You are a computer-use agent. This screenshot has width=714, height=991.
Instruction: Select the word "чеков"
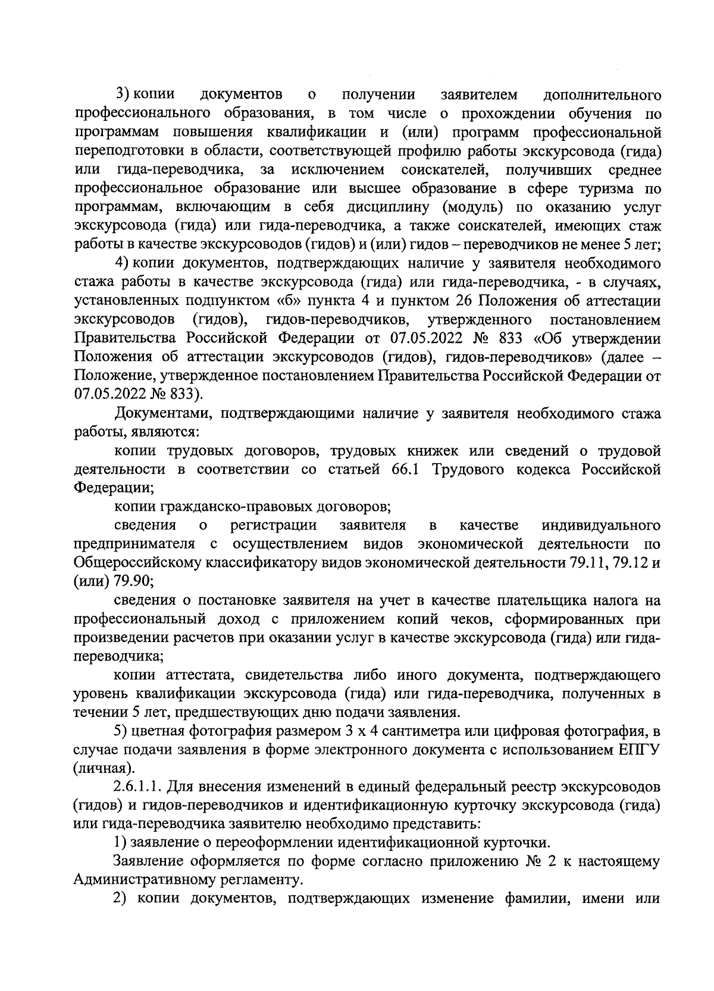(x=478, y=619)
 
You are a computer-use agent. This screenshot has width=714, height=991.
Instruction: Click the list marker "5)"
(x=123, y=731)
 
